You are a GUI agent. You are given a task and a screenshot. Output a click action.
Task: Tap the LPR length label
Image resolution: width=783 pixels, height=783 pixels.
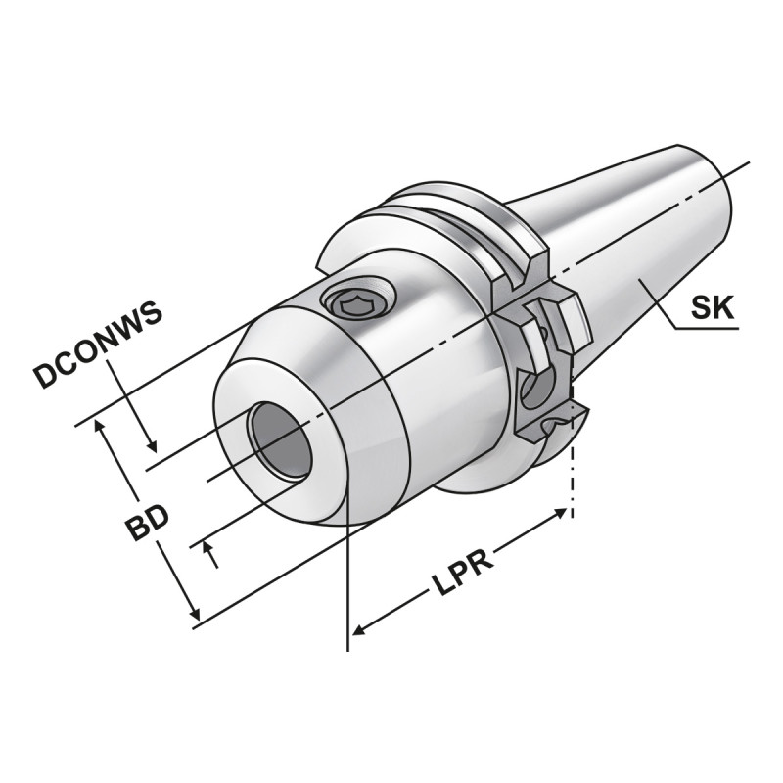point(461,567)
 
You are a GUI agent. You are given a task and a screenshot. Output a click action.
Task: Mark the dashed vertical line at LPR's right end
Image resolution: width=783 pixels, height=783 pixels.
point(572,480)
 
